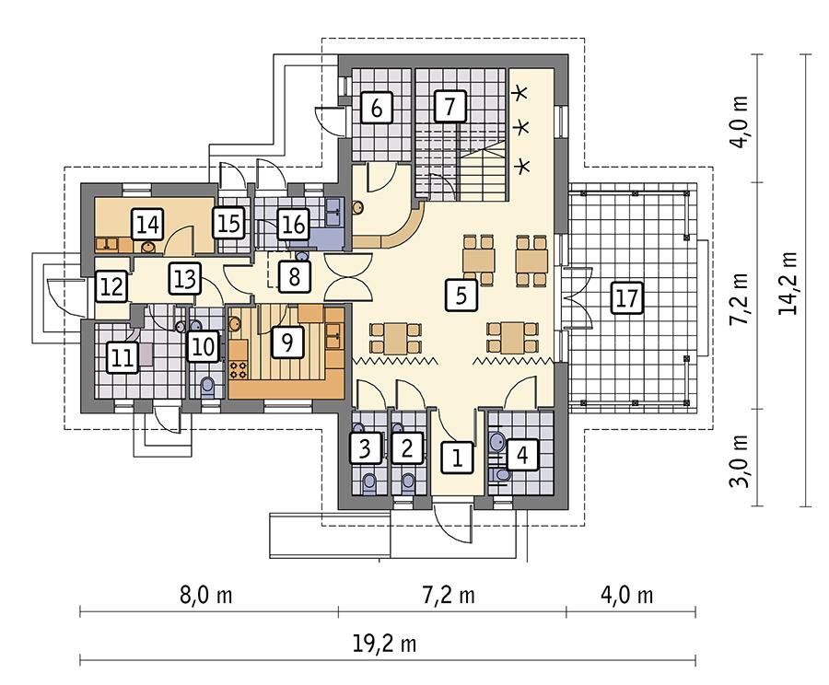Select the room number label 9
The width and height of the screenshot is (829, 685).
click(x=287, y=342)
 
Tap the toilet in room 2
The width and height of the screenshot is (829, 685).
click(x=407, y=482)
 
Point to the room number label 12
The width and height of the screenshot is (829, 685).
click(x=111, y=286)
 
